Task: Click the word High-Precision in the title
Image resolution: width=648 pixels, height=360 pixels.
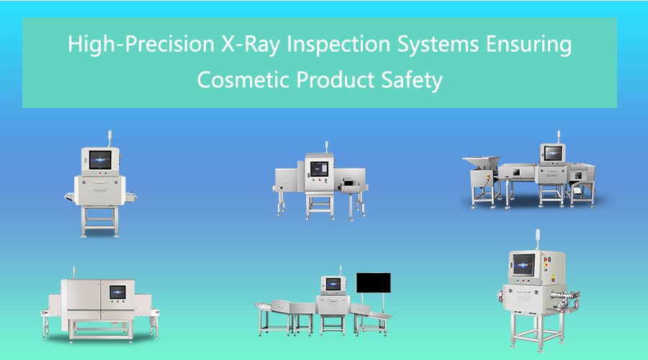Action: coord(141,44)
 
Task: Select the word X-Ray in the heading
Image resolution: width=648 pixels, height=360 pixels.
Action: coord(251,44)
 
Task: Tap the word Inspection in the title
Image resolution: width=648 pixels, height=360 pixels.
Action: coord(338,44)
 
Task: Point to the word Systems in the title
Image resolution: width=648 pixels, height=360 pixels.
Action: coord(438,44)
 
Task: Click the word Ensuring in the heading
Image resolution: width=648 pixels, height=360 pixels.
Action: coord(529,44)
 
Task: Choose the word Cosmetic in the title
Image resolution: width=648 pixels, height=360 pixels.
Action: coord(243,80)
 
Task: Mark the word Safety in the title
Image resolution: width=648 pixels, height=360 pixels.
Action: coord(412,80)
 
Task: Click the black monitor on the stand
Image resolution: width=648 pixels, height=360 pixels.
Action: coord(373,283)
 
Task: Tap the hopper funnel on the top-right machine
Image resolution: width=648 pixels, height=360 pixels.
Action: coord(481,163)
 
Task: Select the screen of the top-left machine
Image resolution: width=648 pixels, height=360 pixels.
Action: coord(100,160)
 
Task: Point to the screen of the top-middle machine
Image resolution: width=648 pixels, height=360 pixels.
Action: coord(319,168)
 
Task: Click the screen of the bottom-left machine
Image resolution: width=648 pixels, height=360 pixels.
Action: coord(118,292)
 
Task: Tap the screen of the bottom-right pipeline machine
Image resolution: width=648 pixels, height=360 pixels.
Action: coord(523,264)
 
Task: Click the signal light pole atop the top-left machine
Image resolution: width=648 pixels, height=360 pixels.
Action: coord(110,139)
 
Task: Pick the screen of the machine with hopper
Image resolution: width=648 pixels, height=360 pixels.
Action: coord(553,153)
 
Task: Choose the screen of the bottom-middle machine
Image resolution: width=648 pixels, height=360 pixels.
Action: coord(333,284)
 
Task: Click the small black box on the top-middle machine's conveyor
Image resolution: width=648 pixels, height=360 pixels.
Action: coord(348,181)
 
